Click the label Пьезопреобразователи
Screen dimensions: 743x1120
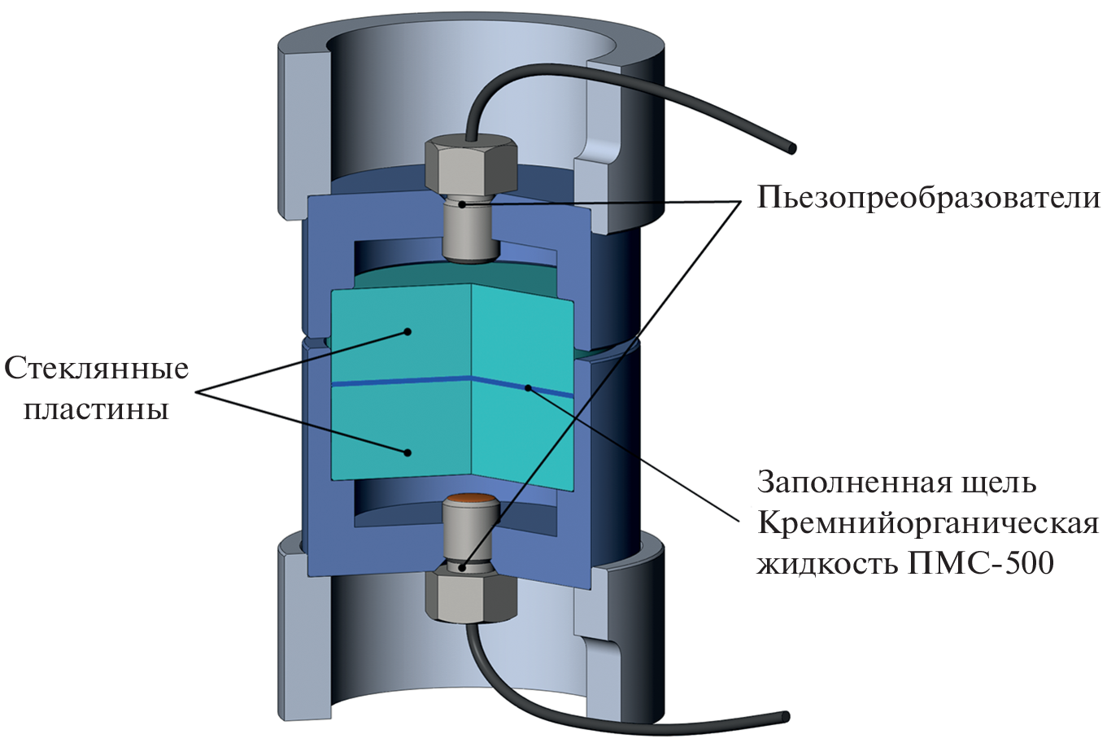(928, 198)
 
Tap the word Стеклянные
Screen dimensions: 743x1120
(97, 369)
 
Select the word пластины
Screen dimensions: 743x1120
(96, 409)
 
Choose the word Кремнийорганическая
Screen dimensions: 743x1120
(927, 522)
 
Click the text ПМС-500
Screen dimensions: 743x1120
(980, 562)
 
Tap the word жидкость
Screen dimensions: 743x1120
(826, 562)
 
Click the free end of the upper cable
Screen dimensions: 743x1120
(791, 148)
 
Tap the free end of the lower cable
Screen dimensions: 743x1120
(785, 717)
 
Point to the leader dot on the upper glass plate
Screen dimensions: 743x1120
(408, 331)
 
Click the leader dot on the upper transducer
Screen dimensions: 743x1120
(462, 204)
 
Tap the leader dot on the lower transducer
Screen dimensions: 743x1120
(462, 567)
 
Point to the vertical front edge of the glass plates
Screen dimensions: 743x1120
(472, 382)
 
